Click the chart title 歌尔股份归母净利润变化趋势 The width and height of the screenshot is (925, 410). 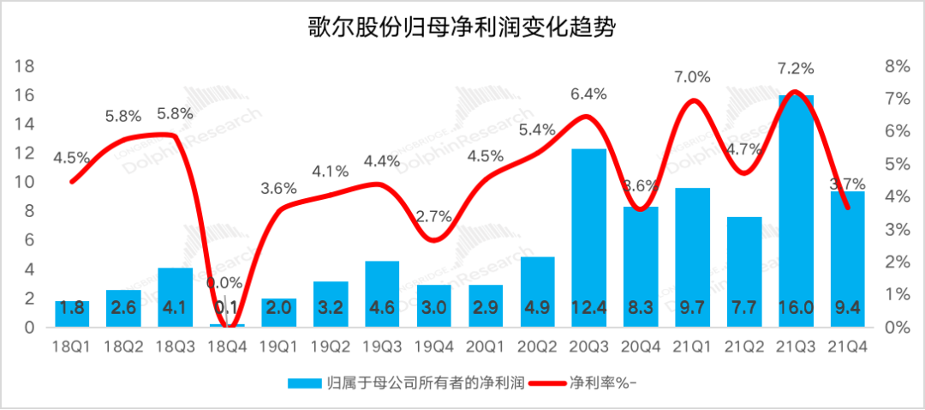[x=462, y=28]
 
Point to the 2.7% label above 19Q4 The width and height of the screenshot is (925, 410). [x=434, y=216]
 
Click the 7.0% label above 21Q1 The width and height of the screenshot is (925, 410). [x=692, y=77]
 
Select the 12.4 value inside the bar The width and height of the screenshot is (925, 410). [x=589, y=308]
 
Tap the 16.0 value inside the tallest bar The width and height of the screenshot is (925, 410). [x=797, y=308]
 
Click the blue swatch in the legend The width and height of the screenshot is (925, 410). [x=305, y=382]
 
